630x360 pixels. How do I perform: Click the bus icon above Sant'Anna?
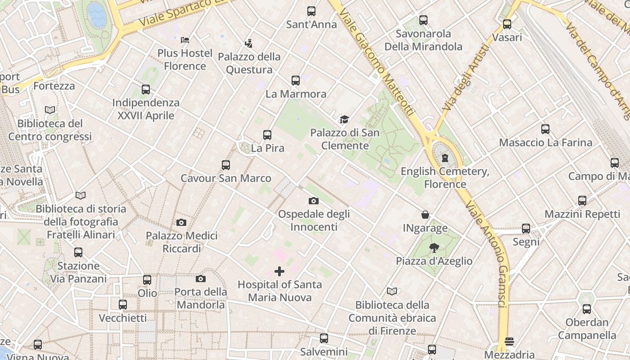click(311, 11)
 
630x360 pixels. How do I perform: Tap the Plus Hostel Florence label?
click(184, 59)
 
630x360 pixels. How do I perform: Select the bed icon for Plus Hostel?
click(184, 40)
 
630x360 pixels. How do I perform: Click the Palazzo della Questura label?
click(249, 63)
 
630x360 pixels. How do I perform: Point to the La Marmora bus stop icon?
click(295, 81)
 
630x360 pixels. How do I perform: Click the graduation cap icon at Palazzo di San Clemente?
click(344, 119)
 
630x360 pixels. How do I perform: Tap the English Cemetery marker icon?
click(445, 158)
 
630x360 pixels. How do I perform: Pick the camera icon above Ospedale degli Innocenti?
click(314, 201)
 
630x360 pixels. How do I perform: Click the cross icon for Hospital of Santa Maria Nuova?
click(279, 271)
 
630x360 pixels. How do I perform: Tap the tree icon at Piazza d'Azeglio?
click(434, 247)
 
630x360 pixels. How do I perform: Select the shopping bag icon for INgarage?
click(425, 215)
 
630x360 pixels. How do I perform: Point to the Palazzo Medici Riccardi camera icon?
click(181, 222)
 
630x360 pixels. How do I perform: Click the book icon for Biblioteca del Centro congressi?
click(50, 110)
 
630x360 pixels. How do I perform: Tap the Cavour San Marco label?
click(226, 178)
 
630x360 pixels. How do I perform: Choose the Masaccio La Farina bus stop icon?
click(545, 130)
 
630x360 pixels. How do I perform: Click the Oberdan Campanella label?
click(587, 329)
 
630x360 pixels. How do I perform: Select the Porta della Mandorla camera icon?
click(201, 279)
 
